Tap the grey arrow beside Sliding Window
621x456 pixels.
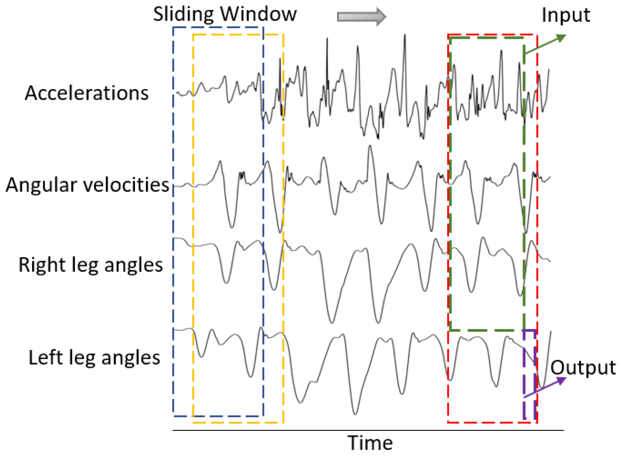point(362,17)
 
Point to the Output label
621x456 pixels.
point(583,367)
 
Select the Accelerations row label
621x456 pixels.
point(87,93)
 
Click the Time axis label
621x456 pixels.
point(370,443)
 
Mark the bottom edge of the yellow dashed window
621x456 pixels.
point(238,423)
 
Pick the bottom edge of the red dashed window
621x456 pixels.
point(492,423)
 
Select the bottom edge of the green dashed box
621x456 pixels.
point(487,330)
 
